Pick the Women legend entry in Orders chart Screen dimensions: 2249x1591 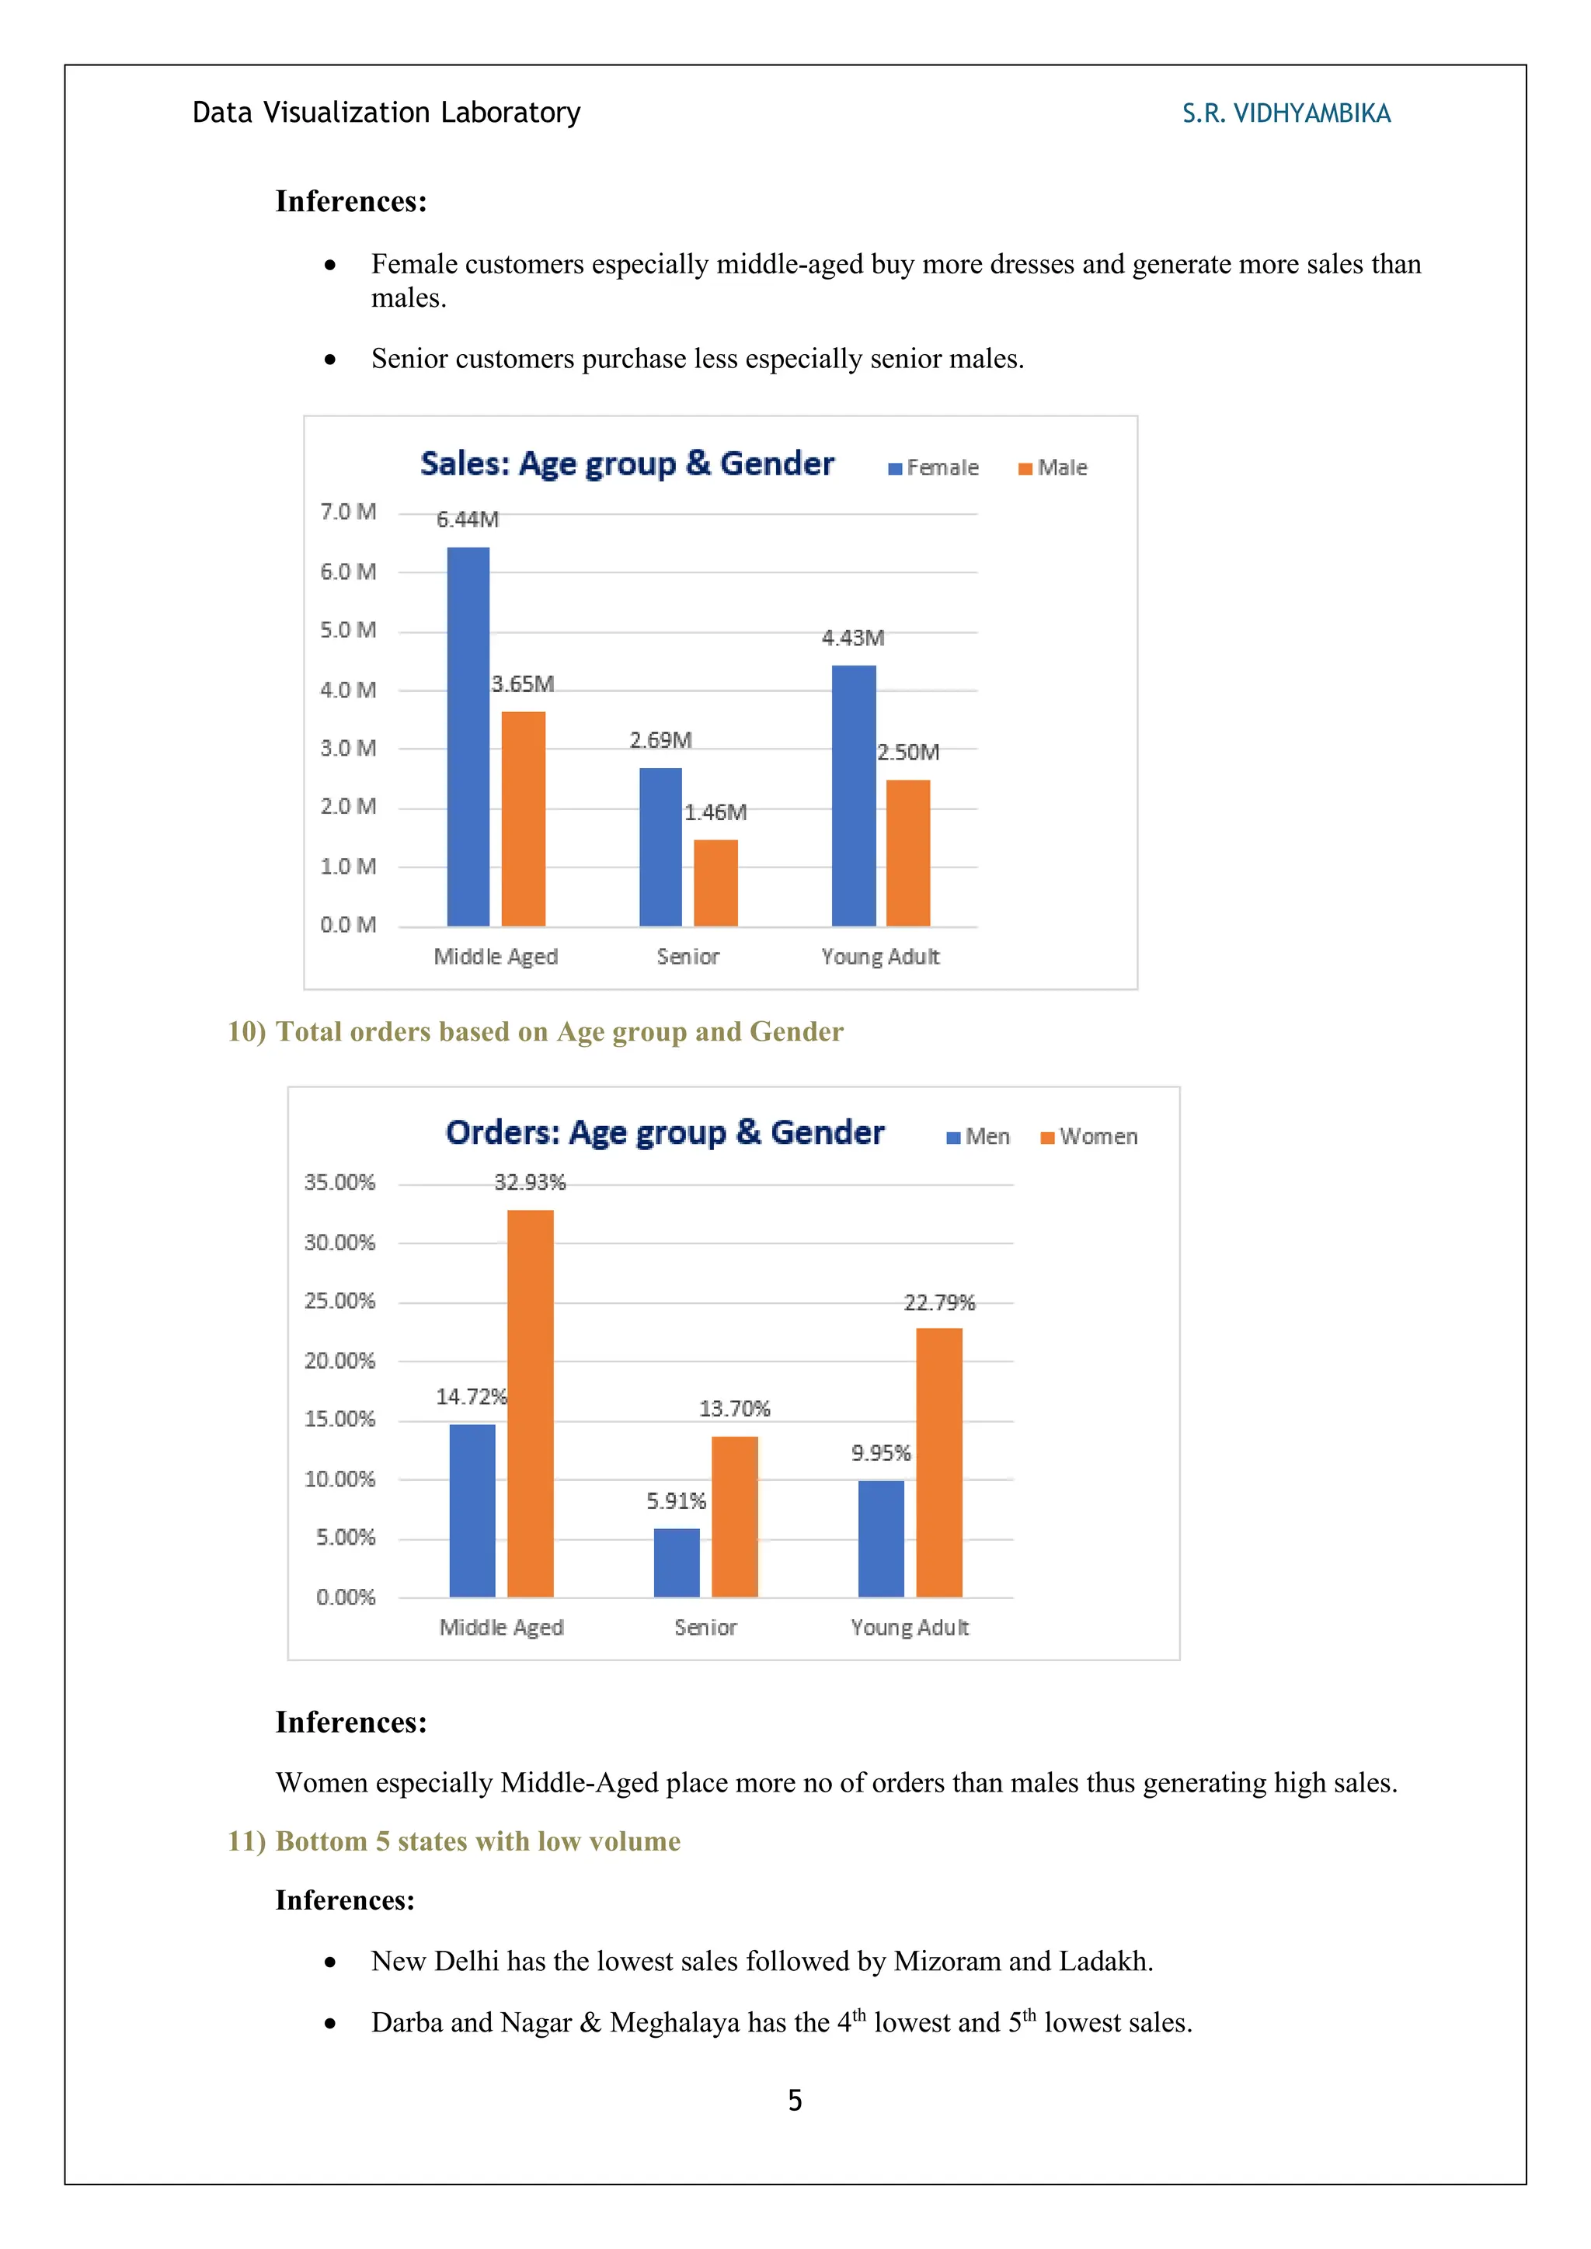tap(1088, 1136)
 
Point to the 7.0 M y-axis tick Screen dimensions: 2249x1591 tap(348, 513)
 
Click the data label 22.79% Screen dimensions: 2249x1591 tap(938, 1303)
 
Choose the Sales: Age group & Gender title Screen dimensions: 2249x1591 tap(627, 464)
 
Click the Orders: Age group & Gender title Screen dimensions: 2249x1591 tap(664, 1132)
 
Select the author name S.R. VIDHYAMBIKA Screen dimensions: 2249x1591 tap(1286, 113)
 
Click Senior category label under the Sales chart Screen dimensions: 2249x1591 tap(688, 957)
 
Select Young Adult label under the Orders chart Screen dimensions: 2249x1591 tap(909, 1627)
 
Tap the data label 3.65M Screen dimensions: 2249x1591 tap(522, 683)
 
